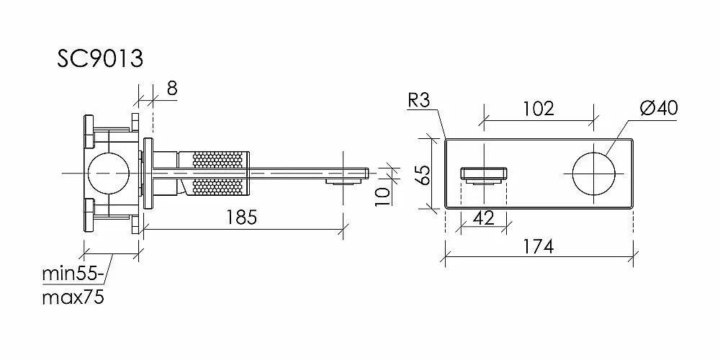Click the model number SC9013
click(100, 59)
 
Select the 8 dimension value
click(171, 88)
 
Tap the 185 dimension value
click(243, 217)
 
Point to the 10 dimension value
click(382, 196)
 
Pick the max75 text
click(73, 298)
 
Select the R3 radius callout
click(418, 101)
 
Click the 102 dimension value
click(539, 109)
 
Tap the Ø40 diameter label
click(659, 109)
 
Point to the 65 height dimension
click(426, 174)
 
